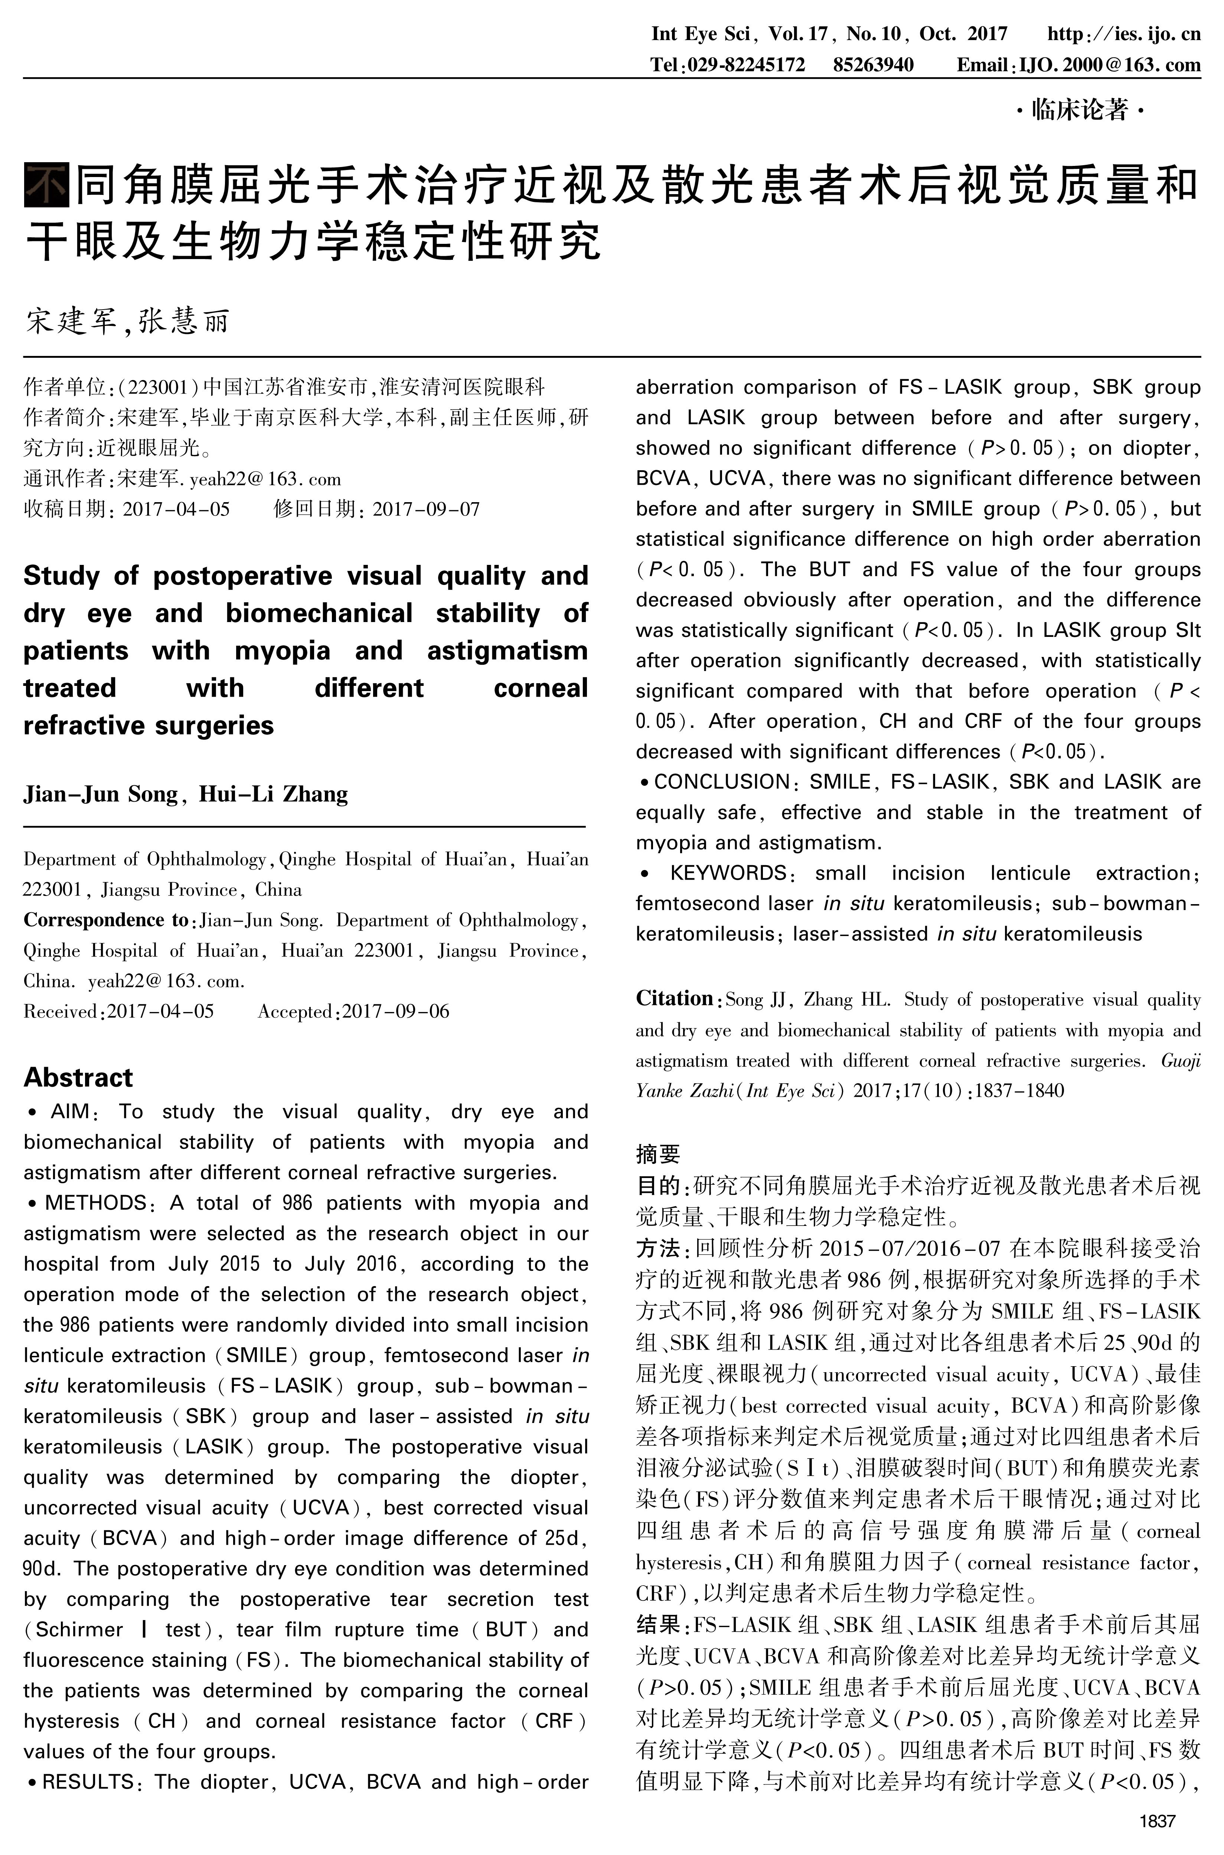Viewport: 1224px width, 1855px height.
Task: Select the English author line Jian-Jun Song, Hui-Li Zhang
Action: (186, 794)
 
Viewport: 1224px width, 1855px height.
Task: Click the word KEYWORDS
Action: (728, 873)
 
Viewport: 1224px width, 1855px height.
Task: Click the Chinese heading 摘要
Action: (658, 1154)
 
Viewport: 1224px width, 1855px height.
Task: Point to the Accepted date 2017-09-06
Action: (395, 1011)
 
